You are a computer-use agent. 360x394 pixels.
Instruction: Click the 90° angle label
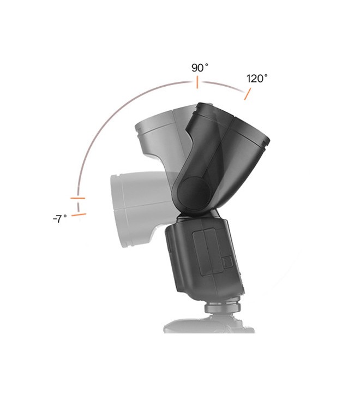[200, 68]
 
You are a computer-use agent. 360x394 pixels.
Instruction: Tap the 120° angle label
[257, 79]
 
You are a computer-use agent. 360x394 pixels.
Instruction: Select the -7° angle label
[60, 219]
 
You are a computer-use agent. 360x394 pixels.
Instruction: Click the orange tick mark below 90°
[197, 82]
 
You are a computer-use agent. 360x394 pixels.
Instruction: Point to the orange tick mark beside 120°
[248, 94]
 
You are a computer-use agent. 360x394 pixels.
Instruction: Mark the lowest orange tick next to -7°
[79, 215]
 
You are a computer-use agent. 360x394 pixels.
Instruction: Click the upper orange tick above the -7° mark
[77, 198]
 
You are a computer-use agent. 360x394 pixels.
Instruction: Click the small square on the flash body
[227, 262]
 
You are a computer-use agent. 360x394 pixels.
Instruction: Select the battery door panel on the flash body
[207, 251]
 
